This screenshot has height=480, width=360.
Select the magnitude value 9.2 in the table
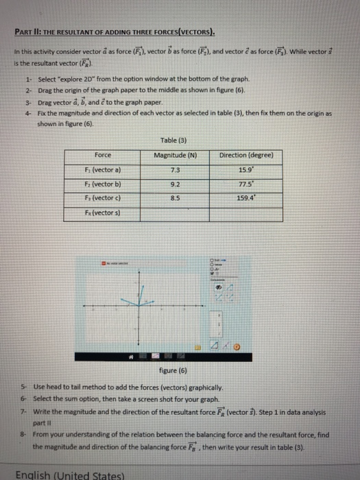click(x=173, y=183)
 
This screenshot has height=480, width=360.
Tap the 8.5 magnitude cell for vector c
click(x=173, y=197)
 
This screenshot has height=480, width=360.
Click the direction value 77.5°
click(x=243, y=183)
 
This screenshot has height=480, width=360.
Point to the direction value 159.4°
click(x=243, y=197)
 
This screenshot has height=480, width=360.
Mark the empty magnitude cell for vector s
click(x=173, y=213)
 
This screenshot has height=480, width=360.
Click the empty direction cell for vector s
click(x=243, y=213)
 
